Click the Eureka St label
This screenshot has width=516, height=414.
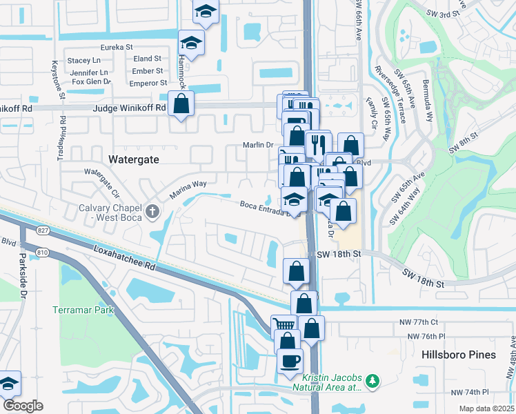click(x=117, y=47)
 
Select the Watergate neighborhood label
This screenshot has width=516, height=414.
click(x=134, y=159)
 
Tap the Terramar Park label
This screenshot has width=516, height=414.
click(x=83, y=310)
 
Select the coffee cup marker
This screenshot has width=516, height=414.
click(x=290, y=360)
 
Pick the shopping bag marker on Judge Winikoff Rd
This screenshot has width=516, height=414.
click(x=181, y=104)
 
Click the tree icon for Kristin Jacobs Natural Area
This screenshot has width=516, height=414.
click(x=373, y=381)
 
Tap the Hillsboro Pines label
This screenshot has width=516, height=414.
click(x=458, y=355)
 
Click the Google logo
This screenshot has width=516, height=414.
click(x=23, y=406)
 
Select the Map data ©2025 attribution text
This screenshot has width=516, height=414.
click(x=486, y=408)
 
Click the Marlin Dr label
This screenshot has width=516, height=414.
click(x=258, y=145)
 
